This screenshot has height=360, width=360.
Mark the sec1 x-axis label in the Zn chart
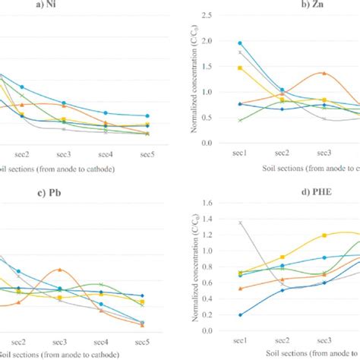(240, 153)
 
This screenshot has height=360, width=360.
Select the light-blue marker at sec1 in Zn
(240, 43)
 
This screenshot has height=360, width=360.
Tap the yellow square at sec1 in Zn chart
(240, 68)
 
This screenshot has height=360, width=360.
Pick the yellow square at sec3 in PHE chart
(324, 235)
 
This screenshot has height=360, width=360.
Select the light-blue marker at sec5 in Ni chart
(147, 116)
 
